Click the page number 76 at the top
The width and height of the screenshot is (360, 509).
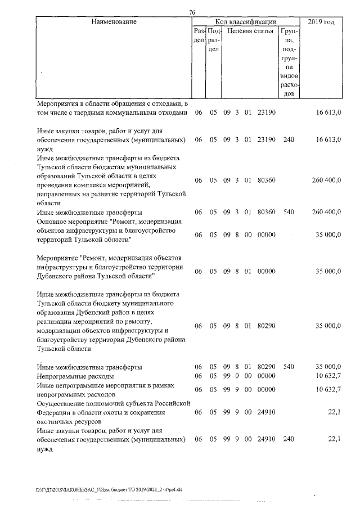(x=192, y=13)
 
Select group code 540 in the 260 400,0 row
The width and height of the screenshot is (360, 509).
(x=288, y=212)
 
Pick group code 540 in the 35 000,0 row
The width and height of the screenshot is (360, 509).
(x=288, y=367)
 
